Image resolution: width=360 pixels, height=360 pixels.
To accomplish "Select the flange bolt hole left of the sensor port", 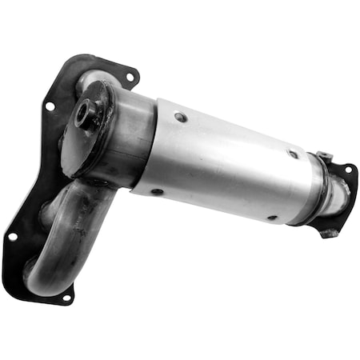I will (x=50, y=106).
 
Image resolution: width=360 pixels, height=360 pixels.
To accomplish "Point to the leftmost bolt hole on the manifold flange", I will (x=13, y=237).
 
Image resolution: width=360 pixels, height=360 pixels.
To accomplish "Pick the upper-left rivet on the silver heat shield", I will (x=181, y=117).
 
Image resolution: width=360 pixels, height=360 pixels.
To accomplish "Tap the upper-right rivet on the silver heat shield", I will (x=294, y=154).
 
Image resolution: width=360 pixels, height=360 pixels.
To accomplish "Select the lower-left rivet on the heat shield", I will (x=157, y=191).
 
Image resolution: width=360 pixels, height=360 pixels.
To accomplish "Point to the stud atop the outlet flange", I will (x=322, y=156).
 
